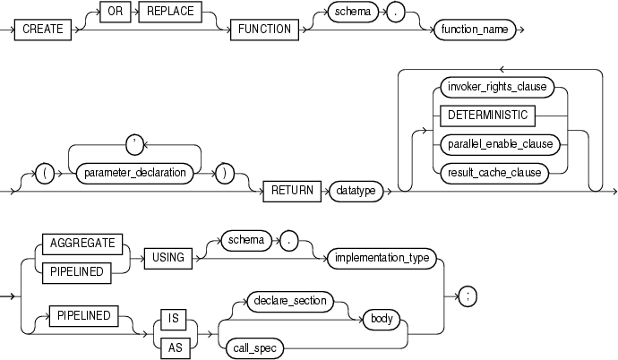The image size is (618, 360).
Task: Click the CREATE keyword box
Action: point(42,29)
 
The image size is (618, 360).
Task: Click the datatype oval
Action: point(355,190)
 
